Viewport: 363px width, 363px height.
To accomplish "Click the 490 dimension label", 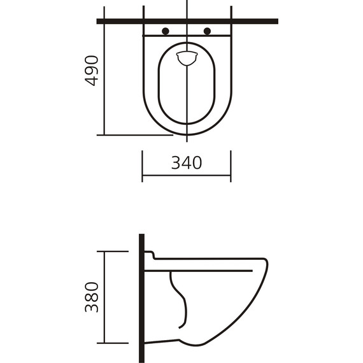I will point(92,71).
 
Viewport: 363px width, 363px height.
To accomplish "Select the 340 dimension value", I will point(187,163).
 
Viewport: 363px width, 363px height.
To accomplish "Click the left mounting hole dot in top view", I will point(166,31).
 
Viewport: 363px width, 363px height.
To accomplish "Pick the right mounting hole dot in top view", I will point(207,31).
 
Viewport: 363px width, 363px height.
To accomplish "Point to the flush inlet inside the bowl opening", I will point(187,57).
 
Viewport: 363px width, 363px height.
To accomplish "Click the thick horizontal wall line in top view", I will point(255,21).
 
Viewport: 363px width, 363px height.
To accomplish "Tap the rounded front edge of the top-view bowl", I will point(187,134).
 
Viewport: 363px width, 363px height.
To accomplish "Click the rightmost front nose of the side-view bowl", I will point(267,267).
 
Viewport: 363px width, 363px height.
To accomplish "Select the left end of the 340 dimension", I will point(143,175).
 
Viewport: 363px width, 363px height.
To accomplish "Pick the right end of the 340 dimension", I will point(231,175).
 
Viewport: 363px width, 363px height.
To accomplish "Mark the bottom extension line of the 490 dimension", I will point(134,135).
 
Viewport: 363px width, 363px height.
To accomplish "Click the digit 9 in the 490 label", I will point(92,71).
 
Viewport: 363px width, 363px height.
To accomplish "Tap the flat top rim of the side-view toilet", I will point(210,259).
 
